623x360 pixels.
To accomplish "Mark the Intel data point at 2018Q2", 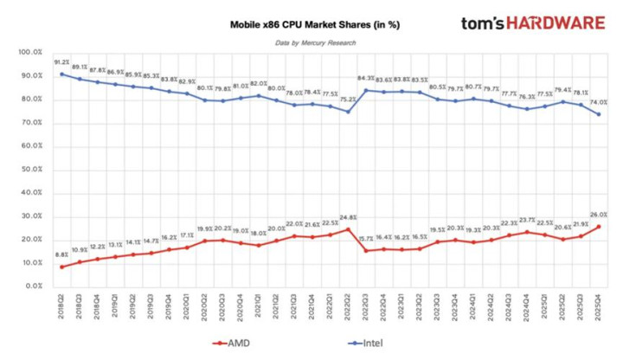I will point(61,74).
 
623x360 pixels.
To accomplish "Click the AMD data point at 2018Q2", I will point(61,267).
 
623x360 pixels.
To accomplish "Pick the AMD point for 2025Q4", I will point(599,227).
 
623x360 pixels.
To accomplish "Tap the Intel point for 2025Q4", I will point(599,114).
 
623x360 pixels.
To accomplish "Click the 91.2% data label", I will point(61,63).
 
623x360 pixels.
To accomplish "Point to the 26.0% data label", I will point(599,215).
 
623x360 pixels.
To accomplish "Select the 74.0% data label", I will point(599,103).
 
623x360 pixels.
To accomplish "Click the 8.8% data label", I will point(61,254).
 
